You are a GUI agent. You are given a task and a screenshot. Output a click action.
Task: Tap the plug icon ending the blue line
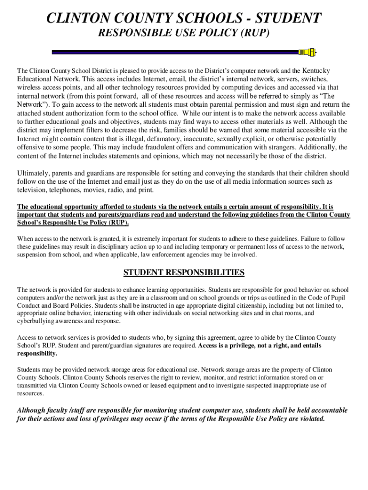click(x=308, y=52)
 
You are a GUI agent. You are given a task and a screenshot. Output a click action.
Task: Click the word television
click(x=32, y=190)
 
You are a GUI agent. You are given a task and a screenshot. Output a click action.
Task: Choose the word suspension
click(x=32, y=255)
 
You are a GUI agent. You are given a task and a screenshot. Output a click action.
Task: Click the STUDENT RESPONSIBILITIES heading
click(x=184, y=273)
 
